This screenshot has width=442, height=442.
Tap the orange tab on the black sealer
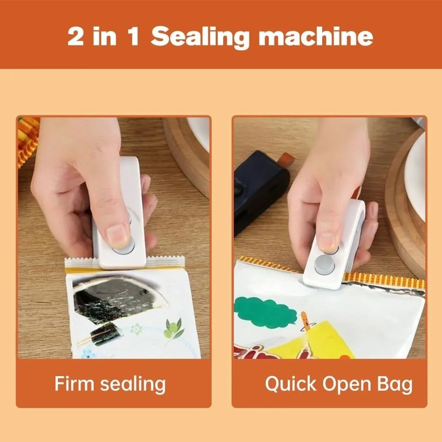(287, 158)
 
